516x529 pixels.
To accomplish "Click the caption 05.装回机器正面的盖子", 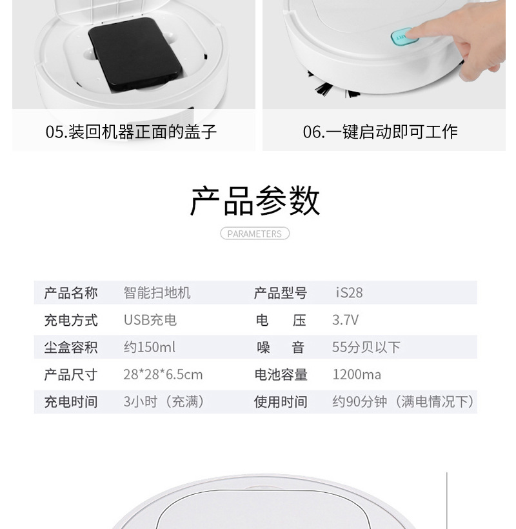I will [x=131, y=132].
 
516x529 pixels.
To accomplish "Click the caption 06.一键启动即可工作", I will [x=380, y=132].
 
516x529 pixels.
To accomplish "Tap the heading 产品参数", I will [x=255, y=201].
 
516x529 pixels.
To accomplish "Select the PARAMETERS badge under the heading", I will [x=255, y=234].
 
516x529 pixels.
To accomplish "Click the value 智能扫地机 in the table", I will [x=157, y=293].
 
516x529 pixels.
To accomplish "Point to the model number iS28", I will [x=350, y=293].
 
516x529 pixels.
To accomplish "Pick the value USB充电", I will [x=150, y=320].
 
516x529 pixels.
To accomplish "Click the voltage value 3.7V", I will [x=345, y=320].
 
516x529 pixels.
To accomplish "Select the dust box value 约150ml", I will [x=149, y=347].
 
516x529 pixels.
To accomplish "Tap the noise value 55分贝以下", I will [x=366, y=347].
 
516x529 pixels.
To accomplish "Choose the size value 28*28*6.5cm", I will [x=163, y=375].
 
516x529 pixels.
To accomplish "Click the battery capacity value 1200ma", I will [x=356, y=375].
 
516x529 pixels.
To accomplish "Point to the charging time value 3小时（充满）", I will [x=164, y=402].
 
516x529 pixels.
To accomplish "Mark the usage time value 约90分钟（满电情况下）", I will [x=403, y=402].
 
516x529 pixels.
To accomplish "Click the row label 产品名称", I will [x=71, y=293].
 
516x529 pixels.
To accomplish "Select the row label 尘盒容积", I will [x=71, y=347].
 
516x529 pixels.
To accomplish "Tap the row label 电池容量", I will [x=281, y=375].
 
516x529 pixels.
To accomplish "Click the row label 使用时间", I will [x=281, y=402].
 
